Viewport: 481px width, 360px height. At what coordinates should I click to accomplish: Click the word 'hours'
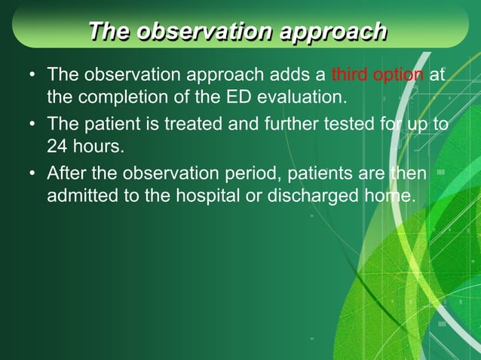pos(97,147)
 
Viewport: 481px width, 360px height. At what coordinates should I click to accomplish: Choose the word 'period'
pos(253,174)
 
